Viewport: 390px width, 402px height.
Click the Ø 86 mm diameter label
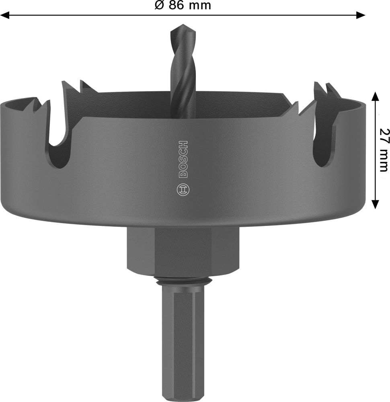tap(183, 5)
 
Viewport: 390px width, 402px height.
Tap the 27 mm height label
tap(384, 150)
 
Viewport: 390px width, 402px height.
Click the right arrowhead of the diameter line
tap(361, 15)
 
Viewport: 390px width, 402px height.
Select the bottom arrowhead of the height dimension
tap(376, 204)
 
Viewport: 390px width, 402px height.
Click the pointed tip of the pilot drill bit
tap(183, 25)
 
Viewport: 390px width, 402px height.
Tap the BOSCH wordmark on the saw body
tap(183, 159)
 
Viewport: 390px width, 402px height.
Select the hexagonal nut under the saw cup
tap(183, 251)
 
